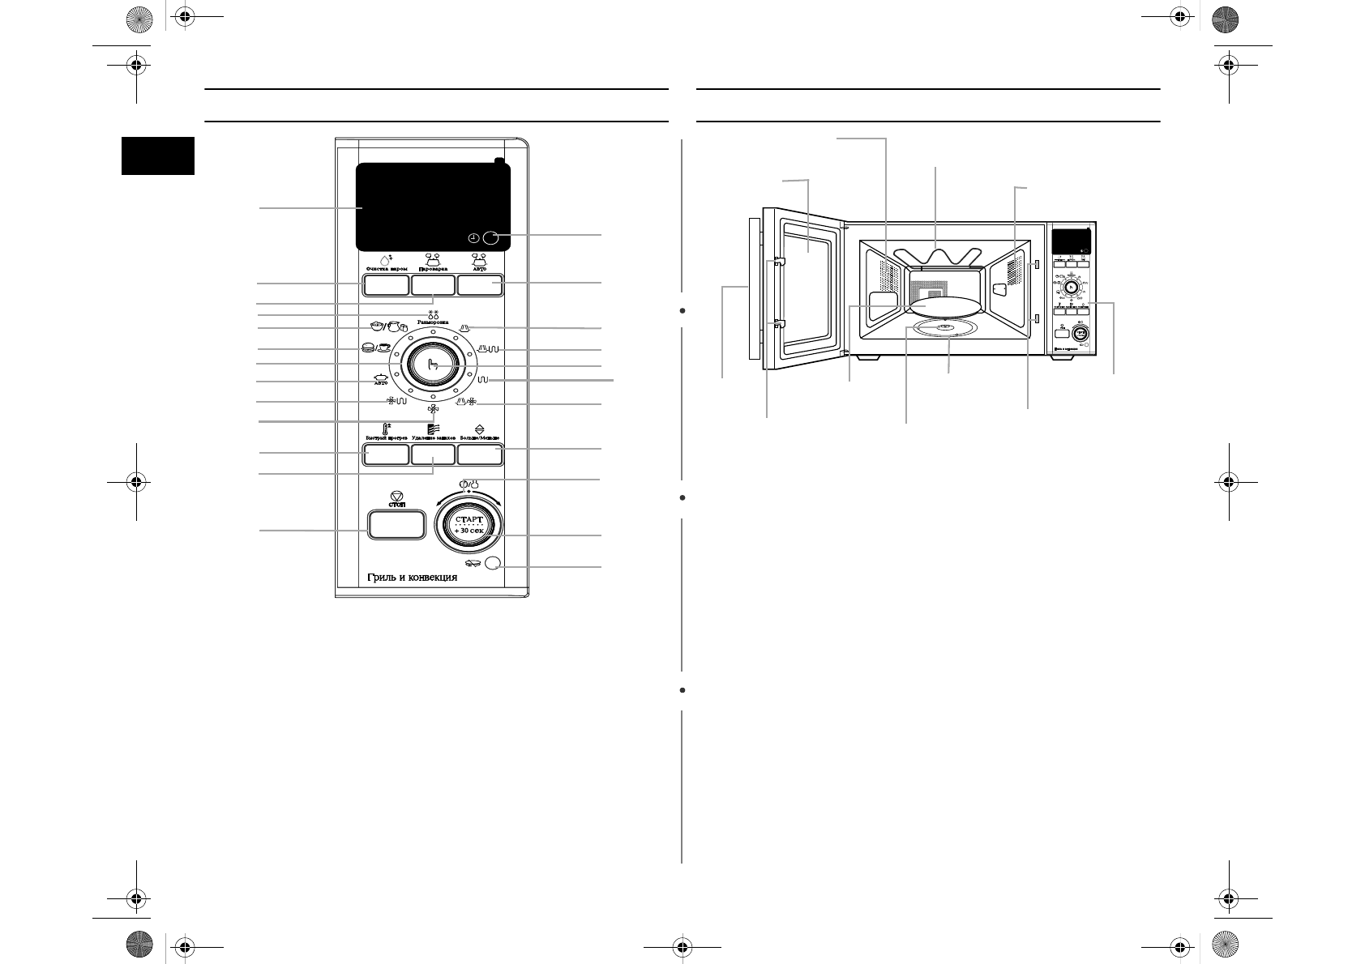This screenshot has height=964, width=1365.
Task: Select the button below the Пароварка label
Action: [x=432, y=285]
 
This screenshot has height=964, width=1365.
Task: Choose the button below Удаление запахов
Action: [x=432, y=455]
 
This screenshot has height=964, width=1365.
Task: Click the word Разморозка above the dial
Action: [x=433, y=322]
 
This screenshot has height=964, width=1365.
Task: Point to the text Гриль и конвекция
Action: [x=409, y=578]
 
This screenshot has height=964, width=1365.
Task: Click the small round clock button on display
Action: [x=490, y=238]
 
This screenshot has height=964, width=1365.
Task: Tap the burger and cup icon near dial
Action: [x=376, y=348]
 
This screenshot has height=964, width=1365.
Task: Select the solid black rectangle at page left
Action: [x=158, y=156]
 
